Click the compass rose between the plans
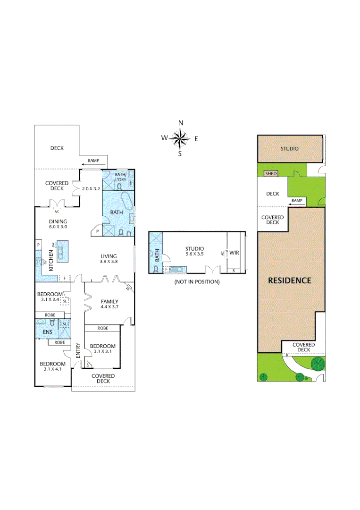pyautogui.click(x=180, y=138)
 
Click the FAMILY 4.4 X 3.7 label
pyautogui.click(x=109, y=304)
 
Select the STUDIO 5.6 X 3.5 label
pyautogui.click(x=194, y=251)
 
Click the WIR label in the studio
pyautogui.click(x=234, y=253)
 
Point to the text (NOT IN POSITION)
pyautogui.click(x=197, y=282)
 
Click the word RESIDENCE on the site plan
pyautogui.click(x=290, y=280)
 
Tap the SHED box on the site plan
pyautogui.click(x=271, y=174)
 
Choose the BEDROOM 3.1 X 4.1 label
pyautogui.click(x=52, y=366)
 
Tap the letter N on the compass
pyautogui.click(x=180, y=123)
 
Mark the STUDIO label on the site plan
pyautogui.click(x=289, y=149)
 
